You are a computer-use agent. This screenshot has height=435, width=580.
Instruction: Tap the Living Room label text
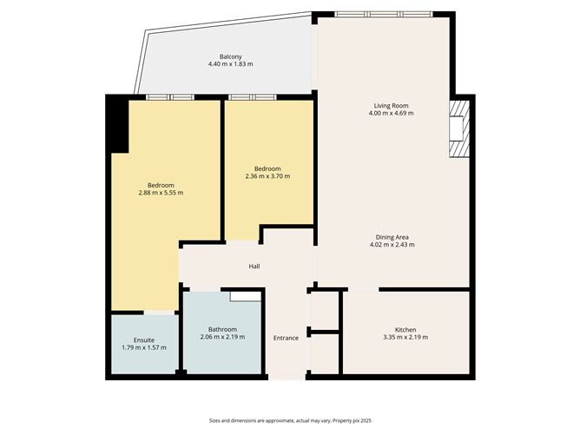[x=390, y=106]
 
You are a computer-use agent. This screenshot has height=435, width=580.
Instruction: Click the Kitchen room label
[x=405, y=330]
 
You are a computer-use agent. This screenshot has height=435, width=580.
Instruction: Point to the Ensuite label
[x=144, y=339]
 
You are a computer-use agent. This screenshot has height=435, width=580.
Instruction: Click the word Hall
[x=254, y=267]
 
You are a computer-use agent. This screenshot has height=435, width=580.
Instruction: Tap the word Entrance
[x=286, y=338]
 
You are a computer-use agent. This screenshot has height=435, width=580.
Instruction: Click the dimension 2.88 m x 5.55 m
[x=161, y=193]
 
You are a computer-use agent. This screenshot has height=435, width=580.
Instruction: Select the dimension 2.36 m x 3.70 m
[x=267, y=176]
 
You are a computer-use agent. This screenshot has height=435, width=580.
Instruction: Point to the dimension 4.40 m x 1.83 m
[x=230, y=65]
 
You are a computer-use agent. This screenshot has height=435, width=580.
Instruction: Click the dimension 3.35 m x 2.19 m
[x=405, y=338]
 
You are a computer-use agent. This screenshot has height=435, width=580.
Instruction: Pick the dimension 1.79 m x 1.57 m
[x=144, y=347]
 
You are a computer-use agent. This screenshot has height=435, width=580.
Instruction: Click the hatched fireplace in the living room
[x=458, y=129]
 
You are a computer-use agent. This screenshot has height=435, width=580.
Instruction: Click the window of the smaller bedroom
[x=253, y=97]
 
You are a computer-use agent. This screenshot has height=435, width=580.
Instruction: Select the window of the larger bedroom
[x=168, y=97]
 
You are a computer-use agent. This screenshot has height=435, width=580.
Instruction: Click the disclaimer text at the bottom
[x=289, y=419]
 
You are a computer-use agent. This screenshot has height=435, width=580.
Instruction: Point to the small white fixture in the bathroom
[x=245, y=295]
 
